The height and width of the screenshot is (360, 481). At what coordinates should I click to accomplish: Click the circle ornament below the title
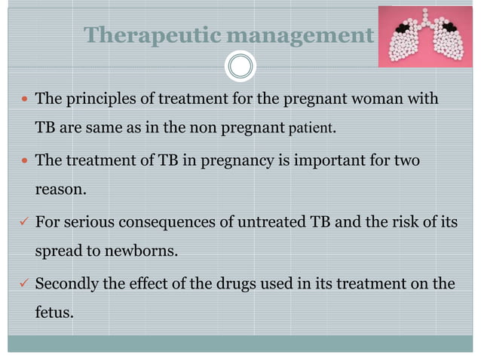pyautogui.click(x=240, y=66)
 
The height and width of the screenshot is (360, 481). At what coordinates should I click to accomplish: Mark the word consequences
pyautogui.click(x=175, y=222)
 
